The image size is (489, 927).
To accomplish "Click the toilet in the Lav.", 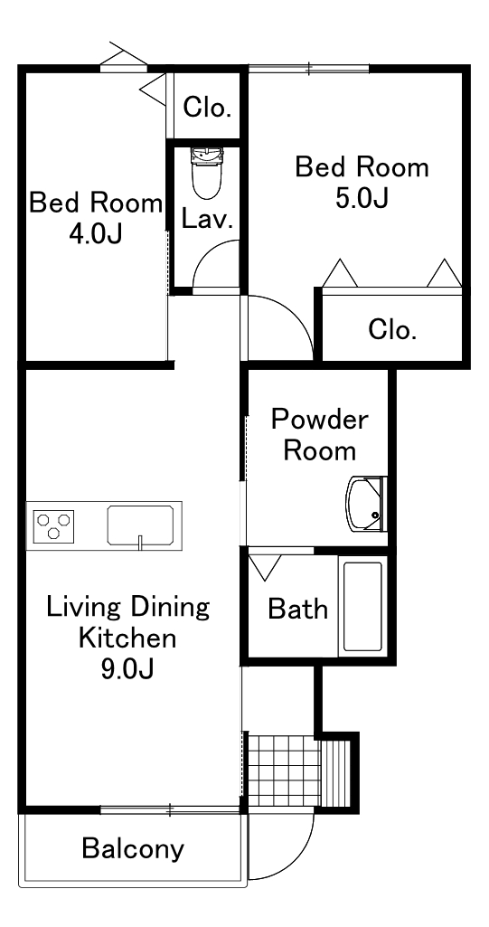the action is click(206, 172).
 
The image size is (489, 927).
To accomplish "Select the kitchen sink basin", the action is click(141, 525).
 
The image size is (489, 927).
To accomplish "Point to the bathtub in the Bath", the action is click(362, 606).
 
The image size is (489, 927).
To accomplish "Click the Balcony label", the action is click(133, 848).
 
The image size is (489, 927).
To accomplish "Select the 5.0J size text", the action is click(362, 198).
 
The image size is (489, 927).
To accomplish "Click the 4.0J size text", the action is click(95, 234).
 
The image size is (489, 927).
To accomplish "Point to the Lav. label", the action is click(207, 220).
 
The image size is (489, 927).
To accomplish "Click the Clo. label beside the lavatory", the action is click(206, 108).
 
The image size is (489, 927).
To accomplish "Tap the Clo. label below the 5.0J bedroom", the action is click(392, 329).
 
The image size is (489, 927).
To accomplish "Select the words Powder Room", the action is click(319, 436).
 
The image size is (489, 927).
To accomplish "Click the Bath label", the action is click(298, 609).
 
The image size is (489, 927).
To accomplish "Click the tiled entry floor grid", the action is click(284, 771).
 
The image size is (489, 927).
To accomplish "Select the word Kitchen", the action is click(127, 638).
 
